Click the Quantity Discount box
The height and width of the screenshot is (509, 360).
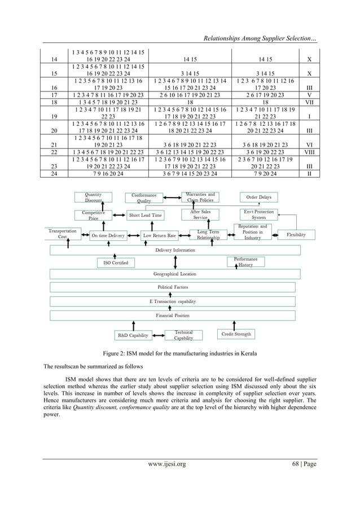(94, 198)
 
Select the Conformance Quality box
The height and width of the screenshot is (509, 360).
(144, 198)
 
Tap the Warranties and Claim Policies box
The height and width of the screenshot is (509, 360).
(200, 198)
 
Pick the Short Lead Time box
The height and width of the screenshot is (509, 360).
(145, 215)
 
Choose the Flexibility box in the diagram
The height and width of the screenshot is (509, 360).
(296, 234)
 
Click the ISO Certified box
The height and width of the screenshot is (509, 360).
(116, 262)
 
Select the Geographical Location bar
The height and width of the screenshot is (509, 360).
(175, 274)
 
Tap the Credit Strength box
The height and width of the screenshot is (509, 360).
(235, 335)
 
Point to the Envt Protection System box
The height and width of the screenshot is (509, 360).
(259, 214)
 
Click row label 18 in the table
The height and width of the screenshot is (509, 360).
(54, 103)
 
